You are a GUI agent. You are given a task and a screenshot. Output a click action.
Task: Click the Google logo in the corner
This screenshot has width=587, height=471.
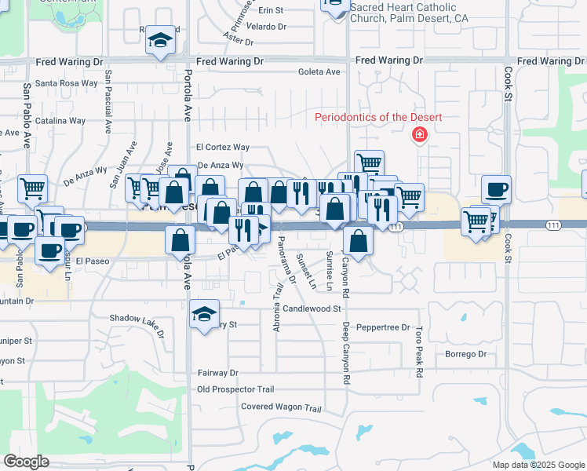tap(27, 462)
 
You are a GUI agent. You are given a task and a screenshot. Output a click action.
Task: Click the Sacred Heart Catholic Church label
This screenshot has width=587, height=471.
tap(405, 12)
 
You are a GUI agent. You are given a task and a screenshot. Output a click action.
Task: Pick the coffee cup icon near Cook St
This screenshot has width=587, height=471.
tap(496, 189)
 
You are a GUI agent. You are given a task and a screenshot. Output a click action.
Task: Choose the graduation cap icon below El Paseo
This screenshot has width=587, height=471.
tap(204, 316)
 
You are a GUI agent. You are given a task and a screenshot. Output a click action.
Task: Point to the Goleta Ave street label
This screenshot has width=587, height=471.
tap(319, 71)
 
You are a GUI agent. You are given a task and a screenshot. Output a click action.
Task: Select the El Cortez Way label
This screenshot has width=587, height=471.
tap(223, 147)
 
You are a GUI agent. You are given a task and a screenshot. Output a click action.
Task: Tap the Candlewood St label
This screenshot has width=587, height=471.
tap(312, 309)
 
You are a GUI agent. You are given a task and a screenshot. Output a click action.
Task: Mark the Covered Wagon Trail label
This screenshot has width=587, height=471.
tap(281, 407)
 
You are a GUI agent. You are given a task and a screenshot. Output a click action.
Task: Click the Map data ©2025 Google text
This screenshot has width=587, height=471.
tap(538, 465)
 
